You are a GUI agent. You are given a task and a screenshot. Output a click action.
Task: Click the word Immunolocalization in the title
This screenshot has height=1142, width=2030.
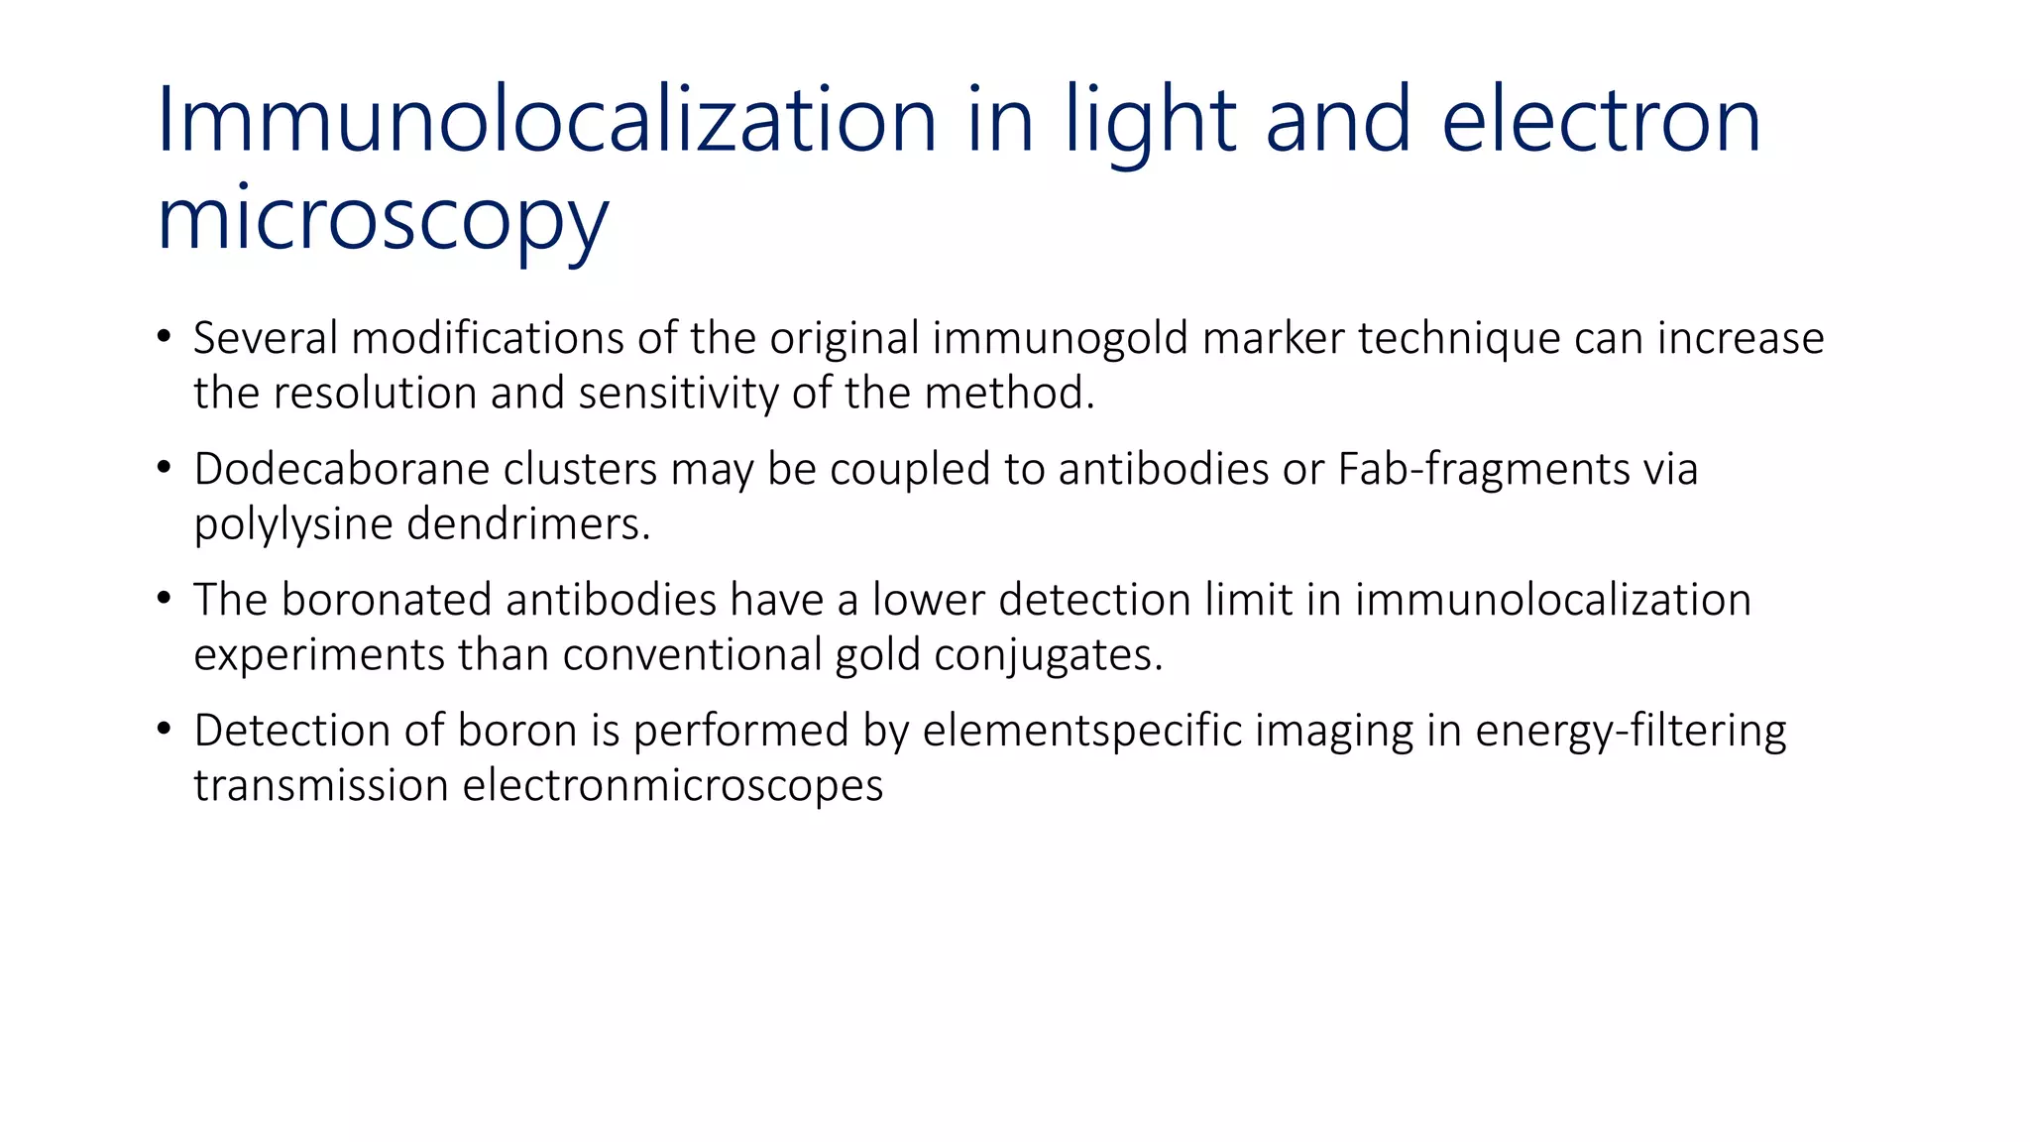[546, 120]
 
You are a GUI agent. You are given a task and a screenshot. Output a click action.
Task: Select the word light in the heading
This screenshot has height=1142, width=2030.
[1151, 120]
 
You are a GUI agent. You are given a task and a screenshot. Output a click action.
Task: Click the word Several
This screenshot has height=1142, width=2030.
[266, 338]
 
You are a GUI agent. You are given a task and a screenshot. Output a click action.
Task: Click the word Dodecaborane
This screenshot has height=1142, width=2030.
[341, 469]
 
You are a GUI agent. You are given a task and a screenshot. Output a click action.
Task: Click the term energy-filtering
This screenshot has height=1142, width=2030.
[1631, 731]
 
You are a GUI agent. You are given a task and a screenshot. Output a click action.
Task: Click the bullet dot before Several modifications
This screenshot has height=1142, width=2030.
[164, 336]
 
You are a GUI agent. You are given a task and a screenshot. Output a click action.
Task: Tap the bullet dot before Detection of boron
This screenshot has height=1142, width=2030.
[164, 729]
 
